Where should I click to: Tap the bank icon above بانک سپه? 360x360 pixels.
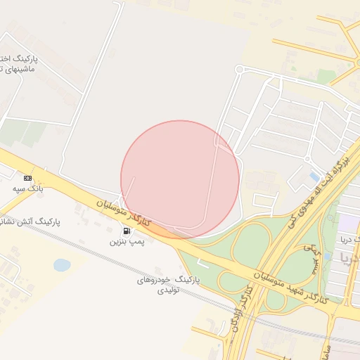pos(27,179)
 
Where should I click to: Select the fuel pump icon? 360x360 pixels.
pos(127,231)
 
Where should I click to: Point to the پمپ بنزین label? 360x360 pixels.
pos(127,241)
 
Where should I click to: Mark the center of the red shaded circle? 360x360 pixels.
pos(180,179)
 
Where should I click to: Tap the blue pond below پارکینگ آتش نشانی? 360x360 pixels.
pos(62,265)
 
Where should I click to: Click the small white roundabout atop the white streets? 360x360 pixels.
pos(239,69)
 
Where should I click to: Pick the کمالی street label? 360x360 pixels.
pos(309,250)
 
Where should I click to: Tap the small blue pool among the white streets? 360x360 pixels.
pos(314,176)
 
